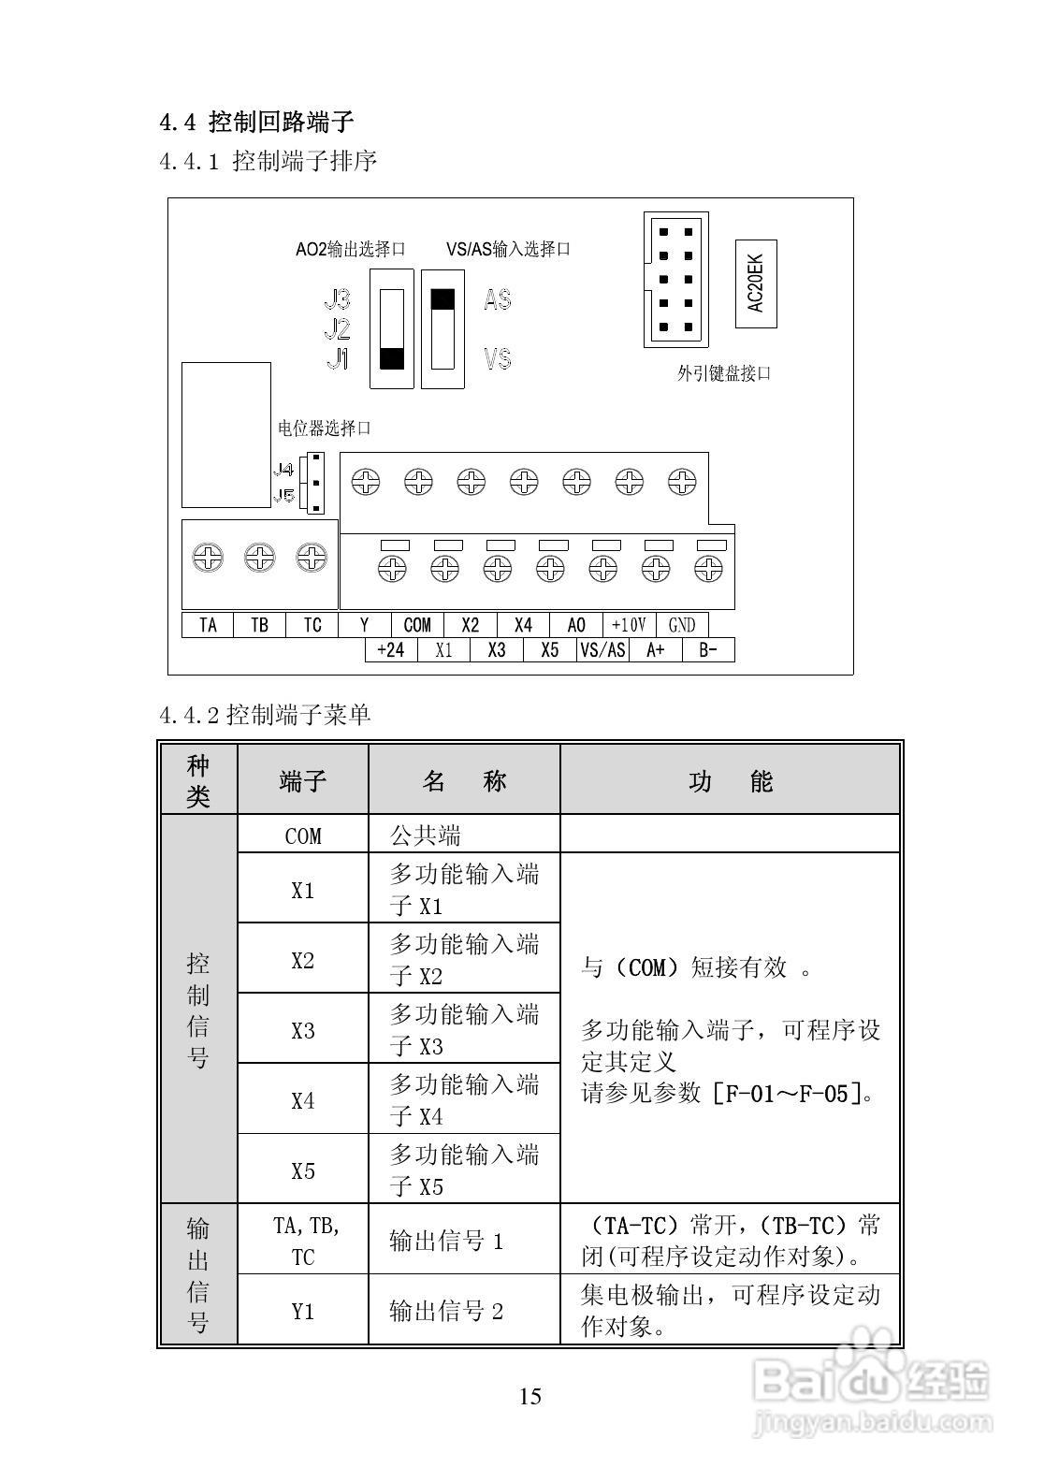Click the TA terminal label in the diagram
click(208, 625)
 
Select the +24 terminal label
click(390, 650)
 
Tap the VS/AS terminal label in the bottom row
click(602, 650)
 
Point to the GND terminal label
click(682, 625)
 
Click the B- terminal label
click(708, 650)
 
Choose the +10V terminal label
click(629, 625)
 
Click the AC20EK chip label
click(756, 284)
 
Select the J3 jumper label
click(337, 299)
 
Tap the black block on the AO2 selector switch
click(392, 358)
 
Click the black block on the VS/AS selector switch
click(442, 299)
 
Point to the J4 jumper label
click(283, 470)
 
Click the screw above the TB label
click(259, 559)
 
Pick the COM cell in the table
click(302, 835)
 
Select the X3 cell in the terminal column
click(302, 1030)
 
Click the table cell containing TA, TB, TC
click(302, 1241)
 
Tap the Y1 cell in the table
click(302, 1311)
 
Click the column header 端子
click(302, 780)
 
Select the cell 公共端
click(426, 835)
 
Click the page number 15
click(529, 1397)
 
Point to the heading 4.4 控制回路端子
click(256, 122)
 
